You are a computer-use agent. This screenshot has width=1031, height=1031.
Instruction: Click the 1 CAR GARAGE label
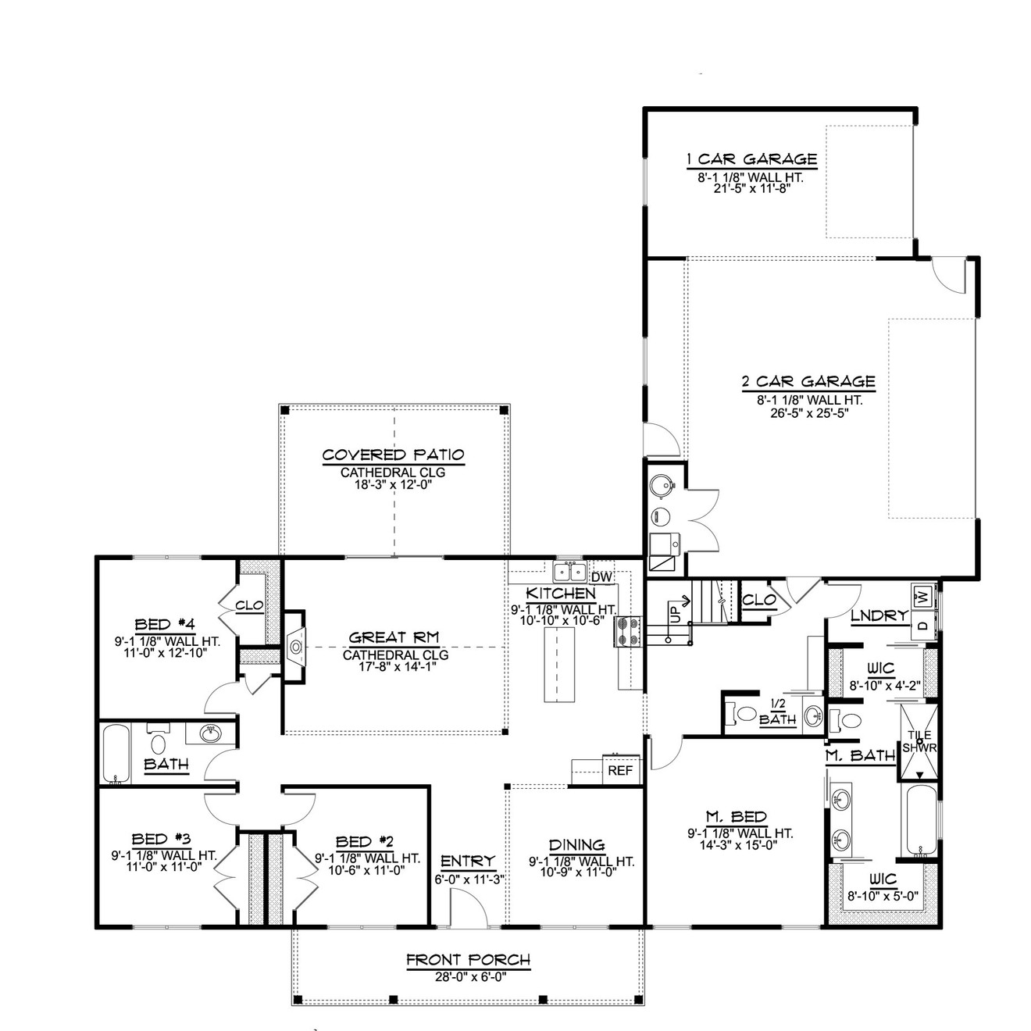[x=751, y=159]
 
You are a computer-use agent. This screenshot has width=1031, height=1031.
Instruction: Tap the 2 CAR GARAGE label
[x=808, y=382]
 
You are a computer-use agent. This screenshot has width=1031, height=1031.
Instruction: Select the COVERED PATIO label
[x=394, y=455]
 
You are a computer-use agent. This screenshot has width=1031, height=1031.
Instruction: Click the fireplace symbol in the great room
[x=296, y=645]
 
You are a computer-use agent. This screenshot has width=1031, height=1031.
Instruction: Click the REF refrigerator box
[x=620, y=770]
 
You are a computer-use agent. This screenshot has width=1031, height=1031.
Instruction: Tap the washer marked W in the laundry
[x=923, y=596]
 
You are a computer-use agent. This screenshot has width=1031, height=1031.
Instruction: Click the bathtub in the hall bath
[x=117, y=753]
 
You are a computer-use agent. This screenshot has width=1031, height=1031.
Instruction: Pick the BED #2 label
[x=364, y=841]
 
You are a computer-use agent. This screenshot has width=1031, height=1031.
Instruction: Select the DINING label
[x=576, y=844]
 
